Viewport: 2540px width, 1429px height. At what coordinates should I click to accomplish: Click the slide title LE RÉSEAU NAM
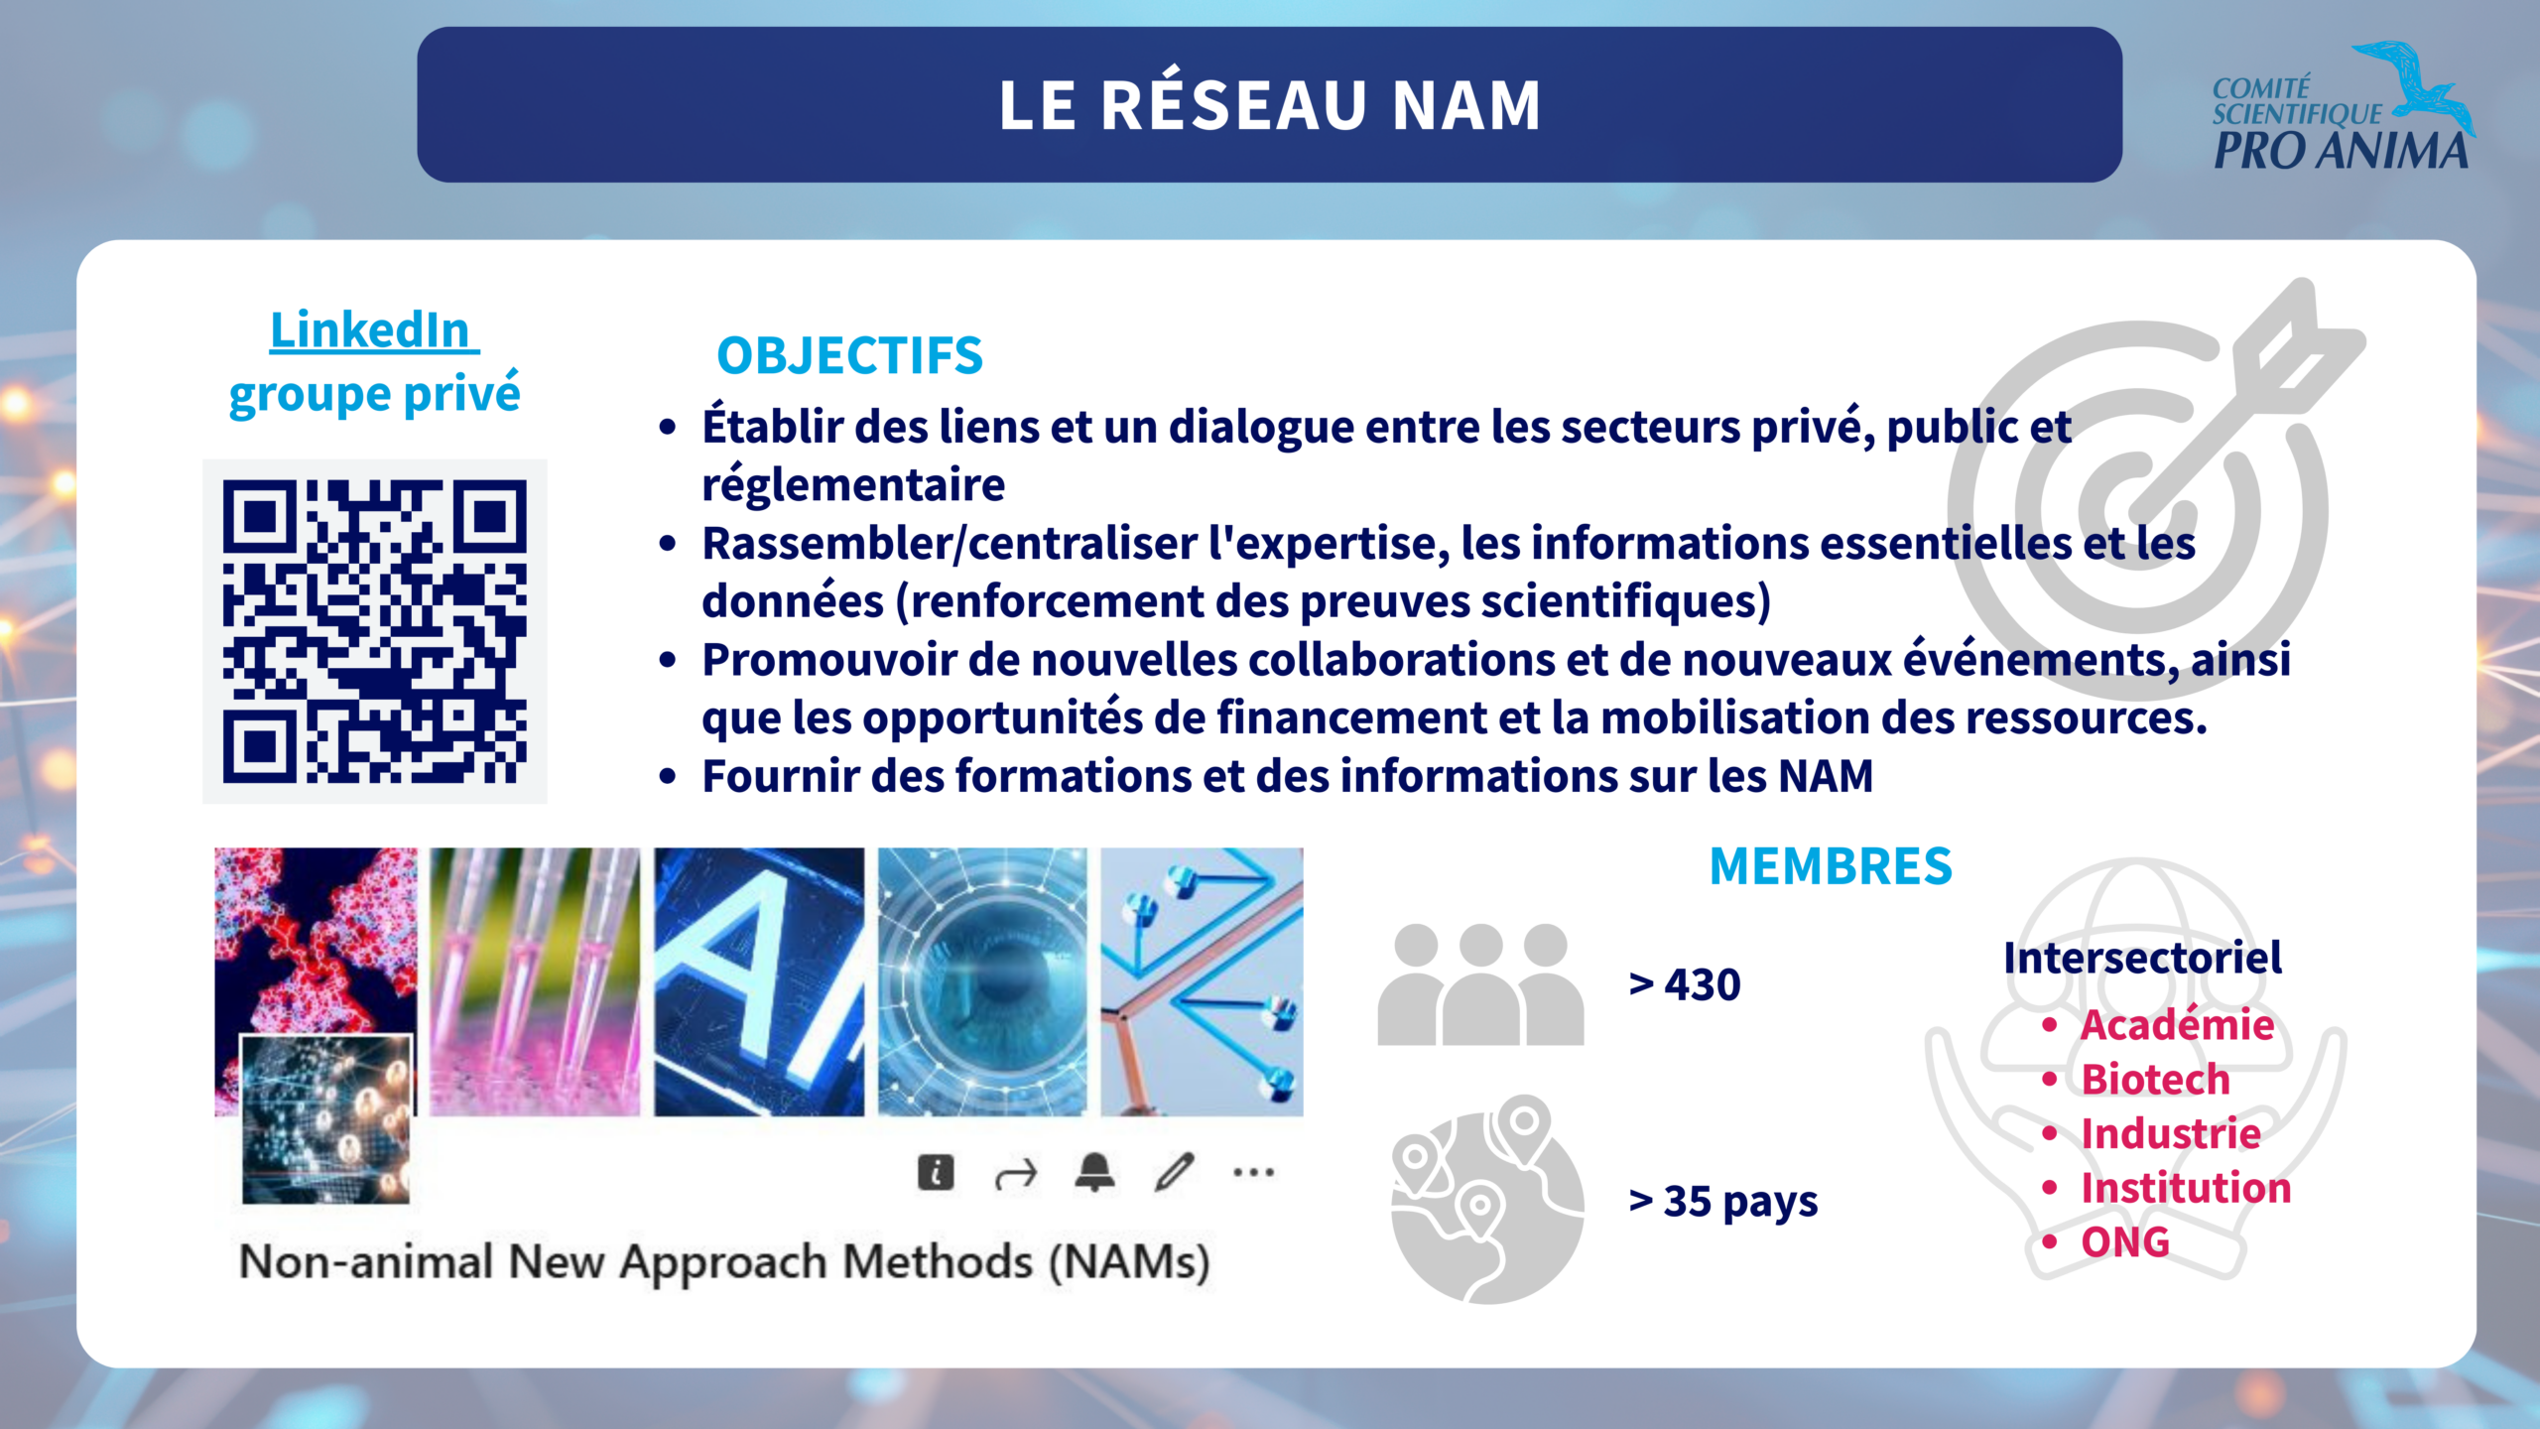(1270, 104)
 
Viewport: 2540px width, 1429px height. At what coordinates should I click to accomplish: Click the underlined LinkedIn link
(374, 329)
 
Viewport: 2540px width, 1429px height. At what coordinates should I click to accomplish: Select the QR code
(375, 631)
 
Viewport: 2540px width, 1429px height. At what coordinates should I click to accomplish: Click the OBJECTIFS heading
(849, 355)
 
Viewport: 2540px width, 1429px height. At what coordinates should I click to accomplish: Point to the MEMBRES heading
(1831, 866)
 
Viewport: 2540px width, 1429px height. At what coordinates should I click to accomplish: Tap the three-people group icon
(1480, 983)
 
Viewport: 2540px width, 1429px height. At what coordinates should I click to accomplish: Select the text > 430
(1685, 984)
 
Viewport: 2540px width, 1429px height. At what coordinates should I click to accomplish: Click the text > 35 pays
(1723, 1202)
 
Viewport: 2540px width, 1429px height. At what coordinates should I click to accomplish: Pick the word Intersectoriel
(2142, 958)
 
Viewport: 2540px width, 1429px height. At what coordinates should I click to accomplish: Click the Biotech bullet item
(2155, 1079)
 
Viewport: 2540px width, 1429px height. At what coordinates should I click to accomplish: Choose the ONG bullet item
(2125, 1241)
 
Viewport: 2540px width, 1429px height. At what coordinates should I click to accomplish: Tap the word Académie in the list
(2177, 1024)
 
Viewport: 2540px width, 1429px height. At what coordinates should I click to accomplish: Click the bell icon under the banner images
(1095, 1172)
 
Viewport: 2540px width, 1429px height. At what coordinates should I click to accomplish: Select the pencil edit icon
(1175, 1172)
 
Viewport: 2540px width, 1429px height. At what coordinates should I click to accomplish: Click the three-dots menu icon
(1254, 1172)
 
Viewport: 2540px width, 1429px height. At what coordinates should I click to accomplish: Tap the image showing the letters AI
(759, 981)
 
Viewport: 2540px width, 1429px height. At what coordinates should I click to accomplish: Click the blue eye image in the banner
(982, 981)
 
